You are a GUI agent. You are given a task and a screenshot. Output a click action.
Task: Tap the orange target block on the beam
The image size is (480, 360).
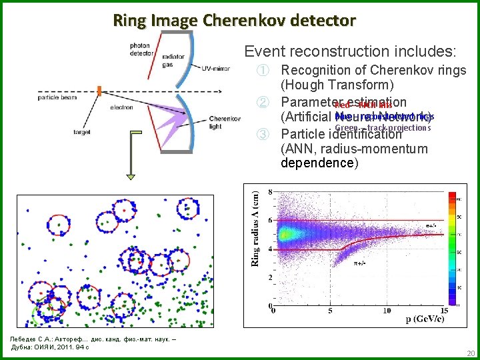coord(99,90)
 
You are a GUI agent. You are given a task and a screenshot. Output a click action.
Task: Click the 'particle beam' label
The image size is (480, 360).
coord(58,98)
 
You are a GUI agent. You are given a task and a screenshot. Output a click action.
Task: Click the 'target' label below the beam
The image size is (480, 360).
coord(83,133)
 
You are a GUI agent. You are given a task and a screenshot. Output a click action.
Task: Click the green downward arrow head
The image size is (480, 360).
coord(131,176)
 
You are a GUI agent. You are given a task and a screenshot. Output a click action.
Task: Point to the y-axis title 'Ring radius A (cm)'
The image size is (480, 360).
coord(254,227)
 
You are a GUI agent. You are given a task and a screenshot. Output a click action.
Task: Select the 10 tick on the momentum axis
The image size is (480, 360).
coord(386,311)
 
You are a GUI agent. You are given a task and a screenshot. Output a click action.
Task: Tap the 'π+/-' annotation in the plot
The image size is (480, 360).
coord(361,263)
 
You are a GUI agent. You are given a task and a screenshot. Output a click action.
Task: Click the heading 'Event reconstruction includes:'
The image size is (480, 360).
coord(351,51)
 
